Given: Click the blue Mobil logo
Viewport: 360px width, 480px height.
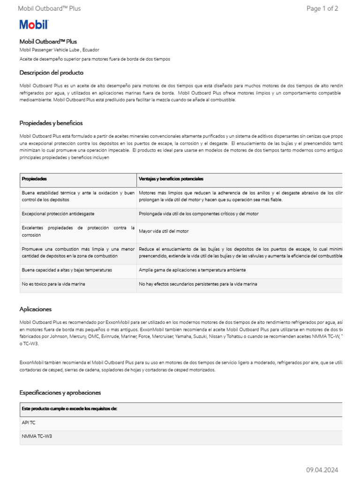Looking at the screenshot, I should (x=33, y=25).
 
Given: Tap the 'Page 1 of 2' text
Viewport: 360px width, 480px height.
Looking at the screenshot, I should (x=322, y=8).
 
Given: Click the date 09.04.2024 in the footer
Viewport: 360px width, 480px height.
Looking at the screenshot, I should (x=322, y=470).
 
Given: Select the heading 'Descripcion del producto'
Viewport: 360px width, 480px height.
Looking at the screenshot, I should (x=52, y=73).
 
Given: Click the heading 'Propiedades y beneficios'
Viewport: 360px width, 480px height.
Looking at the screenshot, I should (x=51, y=123).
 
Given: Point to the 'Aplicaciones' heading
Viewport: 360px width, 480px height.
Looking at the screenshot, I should (x=36, y=309).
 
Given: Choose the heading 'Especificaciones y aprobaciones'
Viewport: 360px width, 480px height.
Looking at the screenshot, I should (x=60, y=392).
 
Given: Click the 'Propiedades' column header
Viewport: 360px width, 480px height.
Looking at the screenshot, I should (x=34, y=179).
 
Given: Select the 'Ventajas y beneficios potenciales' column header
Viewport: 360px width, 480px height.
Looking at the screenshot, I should (x=171, y=179).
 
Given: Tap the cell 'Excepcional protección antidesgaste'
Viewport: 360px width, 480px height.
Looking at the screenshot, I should (x=58, y=214).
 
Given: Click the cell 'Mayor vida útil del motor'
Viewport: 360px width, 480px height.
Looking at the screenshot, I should (x=164, y=231).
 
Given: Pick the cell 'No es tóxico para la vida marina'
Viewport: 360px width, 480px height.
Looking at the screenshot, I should (x=53, y=284).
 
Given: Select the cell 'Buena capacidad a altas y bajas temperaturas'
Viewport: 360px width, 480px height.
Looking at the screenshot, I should (x=67, y=270).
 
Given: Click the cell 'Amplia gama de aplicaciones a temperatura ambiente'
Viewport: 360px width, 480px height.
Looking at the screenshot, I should (x=192, y=270).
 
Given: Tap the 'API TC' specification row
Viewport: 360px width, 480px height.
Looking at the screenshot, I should (x=29, y=422).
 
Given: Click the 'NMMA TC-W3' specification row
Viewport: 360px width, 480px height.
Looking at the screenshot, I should (x=37, y=436).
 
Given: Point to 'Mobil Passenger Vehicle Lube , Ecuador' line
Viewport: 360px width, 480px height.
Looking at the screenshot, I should (x=59, y=50).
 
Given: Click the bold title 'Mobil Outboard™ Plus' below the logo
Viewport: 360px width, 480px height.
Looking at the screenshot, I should (x=48, y=42).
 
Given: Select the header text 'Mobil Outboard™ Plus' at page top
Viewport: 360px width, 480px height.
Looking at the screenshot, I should (x=49, y=8).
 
